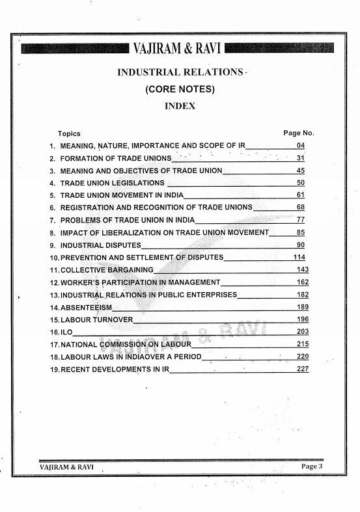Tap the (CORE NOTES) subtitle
[180, 89]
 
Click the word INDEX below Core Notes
[180, 105]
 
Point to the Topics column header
[69, 133]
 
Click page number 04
[300, 146]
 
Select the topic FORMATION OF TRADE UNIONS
[116, 158]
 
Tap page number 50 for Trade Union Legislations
[300, 183]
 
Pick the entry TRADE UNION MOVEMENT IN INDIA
[122, 195]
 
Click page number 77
[300, 220]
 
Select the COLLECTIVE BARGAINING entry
[107, 269]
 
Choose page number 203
[301, 332]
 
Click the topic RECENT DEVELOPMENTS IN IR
[115, 369]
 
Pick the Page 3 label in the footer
[311, 466]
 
